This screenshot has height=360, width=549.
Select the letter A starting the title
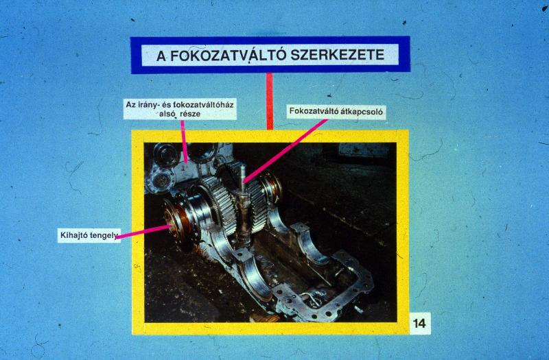pyautogui.click(x=161, y=56)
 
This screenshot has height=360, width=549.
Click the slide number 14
pyautogui.click(x=419, y=323)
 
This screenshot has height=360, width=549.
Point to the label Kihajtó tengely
pyautogui.click(x=89, y=235)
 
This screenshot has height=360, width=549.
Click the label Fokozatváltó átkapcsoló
pyautogui.click(x=336, y=112)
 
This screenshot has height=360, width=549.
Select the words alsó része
pyautogui.click(x=180, y=114)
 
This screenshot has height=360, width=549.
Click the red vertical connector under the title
pyautogui.click(x=270, y=101)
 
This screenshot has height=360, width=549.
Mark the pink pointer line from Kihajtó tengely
pyautogui.click(x=143, y=232)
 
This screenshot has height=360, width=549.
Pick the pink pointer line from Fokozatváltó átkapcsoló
pyautogui.click(x=285, y=151)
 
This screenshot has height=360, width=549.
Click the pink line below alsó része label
pyautogui.click(x=183, y=142)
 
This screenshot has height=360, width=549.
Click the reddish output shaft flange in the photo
pyautogui.click(x=174, y=222)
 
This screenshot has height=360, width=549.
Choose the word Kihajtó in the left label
pyautogui.click(x=74, y=235)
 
